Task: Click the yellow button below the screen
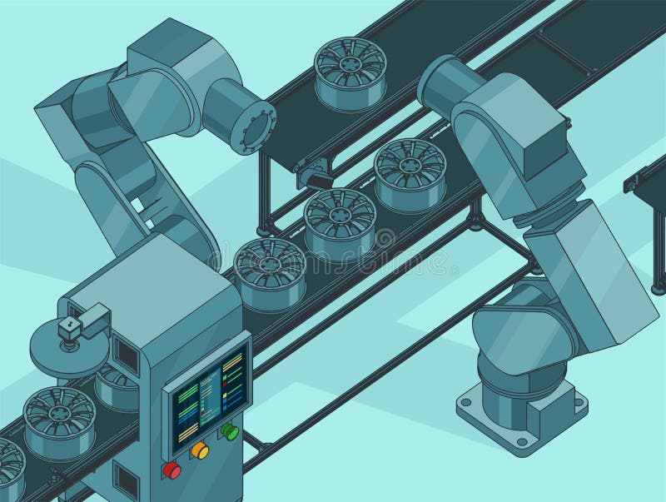click(x=200, y=450)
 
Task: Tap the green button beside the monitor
click(x=229, y=432)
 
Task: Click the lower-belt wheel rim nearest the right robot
click(x=410, y=173)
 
